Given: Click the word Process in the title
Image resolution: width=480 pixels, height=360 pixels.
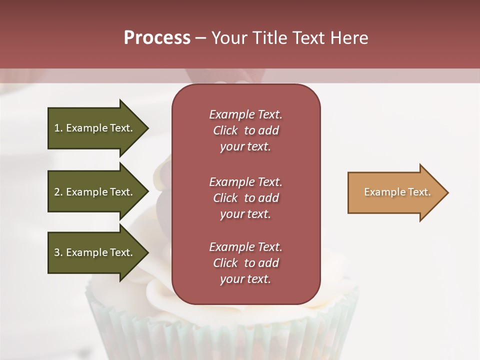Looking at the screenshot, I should pyautogui.click(x=157, y=38).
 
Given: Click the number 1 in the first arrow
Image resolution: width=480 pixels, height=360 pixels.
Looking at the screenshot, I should pyautogui.click(x=57, y=128).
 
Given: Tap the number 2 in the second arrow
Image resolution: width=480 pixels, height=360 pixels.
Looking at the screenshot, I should pyautogui.click(x=57, y=192).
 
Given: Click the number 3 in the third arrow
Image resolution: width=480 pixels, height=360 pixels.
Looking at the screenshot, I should pyautogui.click(x=57, y=252).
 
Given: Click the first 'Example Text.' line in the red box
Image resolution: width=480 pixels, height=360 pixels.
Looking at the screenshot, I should pyautogui.click(x=245, y=114).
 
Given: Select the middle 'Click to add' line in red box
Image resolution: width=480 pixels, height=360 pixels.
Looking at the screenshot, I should pyautogui.click(x=245, y=198).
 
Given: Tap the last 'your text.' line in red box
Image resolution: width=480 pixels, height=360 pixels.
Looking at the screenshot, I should pyautogui.click(x=245, y=279).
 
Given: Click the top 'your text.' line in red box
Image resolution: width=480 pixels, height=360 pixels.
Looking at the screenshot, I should pyautogui.click(x=245, y=147).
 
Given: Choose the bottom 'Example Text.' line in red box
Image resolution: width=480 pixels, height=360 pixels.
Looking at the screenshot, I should pyautogui.click(x=245, y=247).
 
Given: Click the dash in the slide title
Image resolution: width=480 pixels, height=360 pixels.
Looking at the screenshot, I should pyautogui.click(x=200, y=38).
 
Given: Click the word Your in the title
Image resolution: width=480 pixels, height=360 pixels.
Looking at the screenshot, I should pyautogui.click(x=229, y=38).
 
